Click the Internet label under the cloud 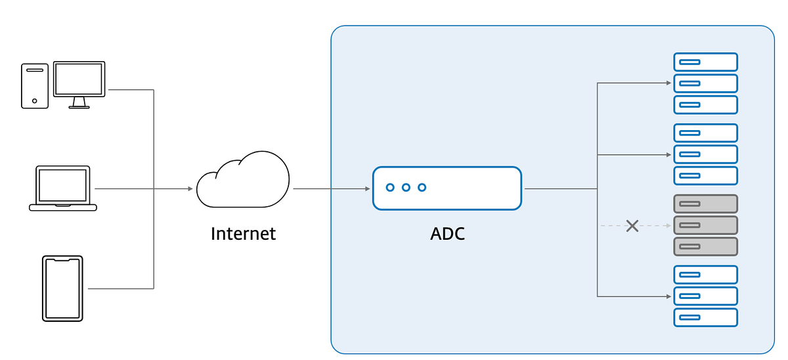[243, 233]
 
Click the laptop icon [63, 189]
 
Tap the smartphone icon [62, 288]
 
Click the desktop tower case [34, 85]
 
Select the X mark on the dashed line [632, 226]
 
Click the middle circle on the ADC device [406, 188]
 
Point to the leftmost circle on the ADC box [390, 188]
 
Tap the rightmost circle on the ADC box [422, 188]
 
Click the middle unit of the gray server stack [705, 225]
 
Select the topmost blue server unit [705, 62]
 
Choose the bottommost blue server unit [705, 317]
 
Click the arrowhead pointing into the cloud [190, 189]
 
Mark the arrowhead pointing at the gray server [668, 225]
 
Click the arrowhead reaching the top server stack [668, 83]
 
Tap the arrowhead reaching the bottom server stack [668, 296]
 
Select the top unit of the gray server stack [705, 204]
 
